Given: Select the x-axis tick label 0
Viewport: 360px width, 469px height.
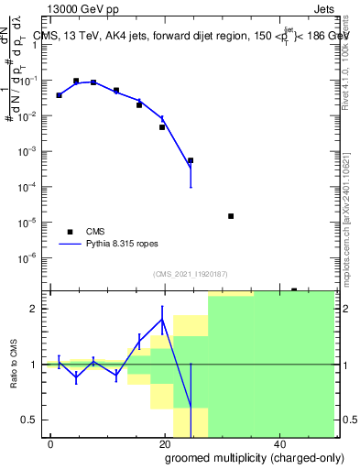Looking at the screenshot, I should [x=50, y=443].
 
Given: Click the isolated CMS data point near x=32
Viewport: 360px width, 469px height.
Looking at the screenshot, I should [x=231, y=216].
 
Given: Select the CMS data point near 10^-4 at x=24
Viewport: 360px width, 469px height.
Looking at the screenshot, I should [x=191, y=160].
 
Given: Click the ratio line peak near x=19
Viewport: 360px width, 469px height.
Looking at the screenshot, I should [x=162, y=320].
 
